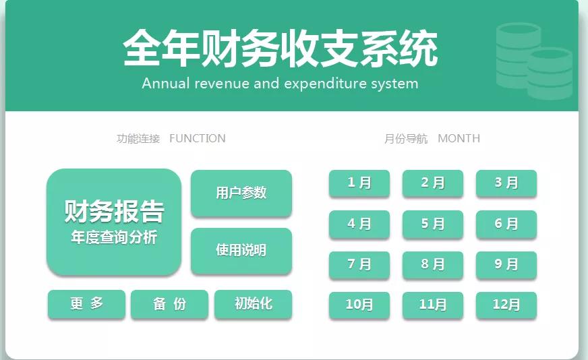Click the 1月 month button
[x=359, y=183]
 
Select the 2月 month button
[x=433, y=183]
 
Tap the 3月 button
[x=506, y=183]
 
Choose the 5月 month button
[x=433, y=224]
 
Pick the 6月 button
[x=506, y=224]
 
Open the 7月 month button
[x=359, y=265]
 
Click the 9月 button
[x=506, y=265]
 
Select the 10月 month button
[x=359, y=305]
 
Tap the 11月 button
[x=433, y=305]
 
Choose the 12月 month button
[x=506, y=305]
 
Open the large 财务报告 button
[x=114, y=221]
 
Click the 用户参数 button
[x=241, y=193]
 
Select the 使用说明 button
[x=241, y=251]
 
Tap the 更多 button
[x=86, y=304]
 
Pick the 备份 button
[x=169, y=304]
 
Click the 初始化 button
[x=253, y=304]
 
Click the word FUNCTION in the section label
[x=198, y=139]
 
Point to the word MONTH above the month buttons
[x=459, y=139]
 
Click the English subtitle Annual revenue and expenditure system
[x=280, y=84]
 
